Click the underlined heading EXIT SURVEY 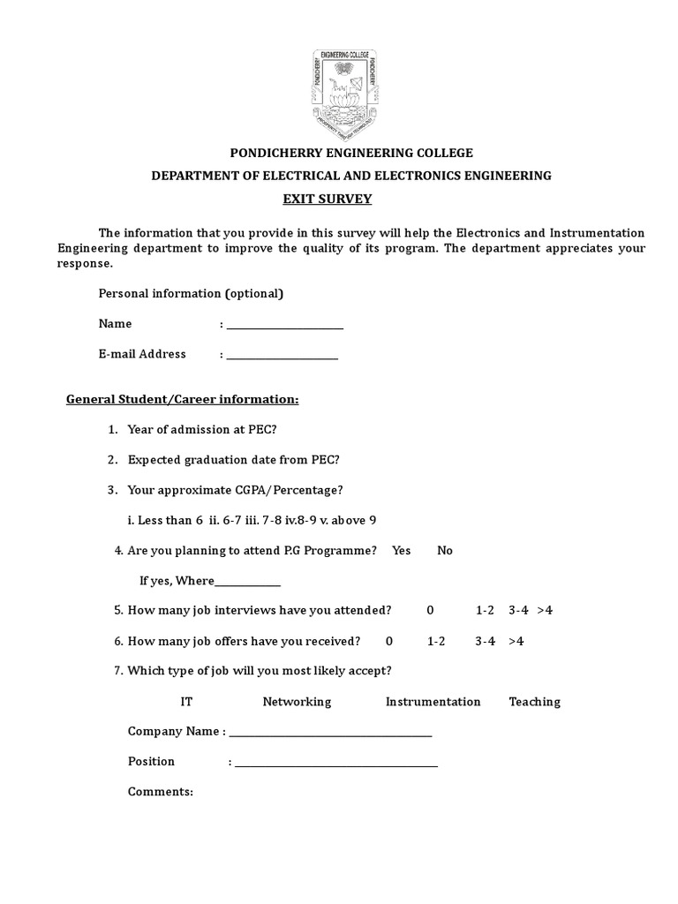pyautogui.click(x=327, y=200)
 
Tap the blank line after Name pyautogui.click(x=284, y=326)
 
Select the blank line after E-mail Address pyautogui.click(x=282, y=356)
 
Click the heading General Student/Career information pyautogui.click(x=183, y=400)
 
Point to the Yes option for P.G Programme pyautogui.click(x=402, y=551)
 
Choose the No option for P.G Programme pyautogui.click(x=445, y=551)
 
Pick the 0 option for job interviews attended pyautogui.click(x=431, y=611)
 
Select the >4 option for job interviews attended pyautogui.click(x=544, y=611)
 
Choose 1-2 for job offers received pyautogui.click(x=436, y=642)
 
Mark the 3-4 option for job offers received pyautogui.click(x=485, y=642)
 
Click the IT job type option pyautogui.click(x=186, y=702)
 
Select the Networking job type pyautogui.click(x=297, y=702)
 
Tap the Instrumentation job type pyautogui.click(x=433, y=702)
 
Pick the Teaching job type pyautogui.click(x=534, y=702)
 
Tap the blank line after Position pyautogui.click(x=335, y=764)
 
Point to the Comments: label pyautogui.click(x=161, y=792)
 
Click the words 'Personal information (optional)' pyautogui.click(x=191, y=294)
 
